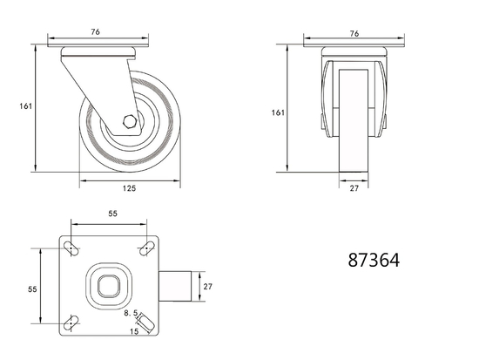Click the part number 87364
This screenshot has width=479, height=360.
tap(374, 260)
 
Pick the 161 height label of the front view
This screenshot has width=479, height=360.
tap(278, 112)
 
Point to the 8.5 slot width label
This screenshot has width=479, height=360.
tap(131, 312)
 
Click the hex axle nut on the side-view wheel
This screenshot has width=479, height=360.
tap(128, 122)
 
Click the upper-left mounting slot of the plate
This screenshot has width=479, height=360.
tap(73, 251)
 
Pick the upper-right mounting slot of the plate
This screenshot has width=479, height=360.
tap(144, 251)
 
